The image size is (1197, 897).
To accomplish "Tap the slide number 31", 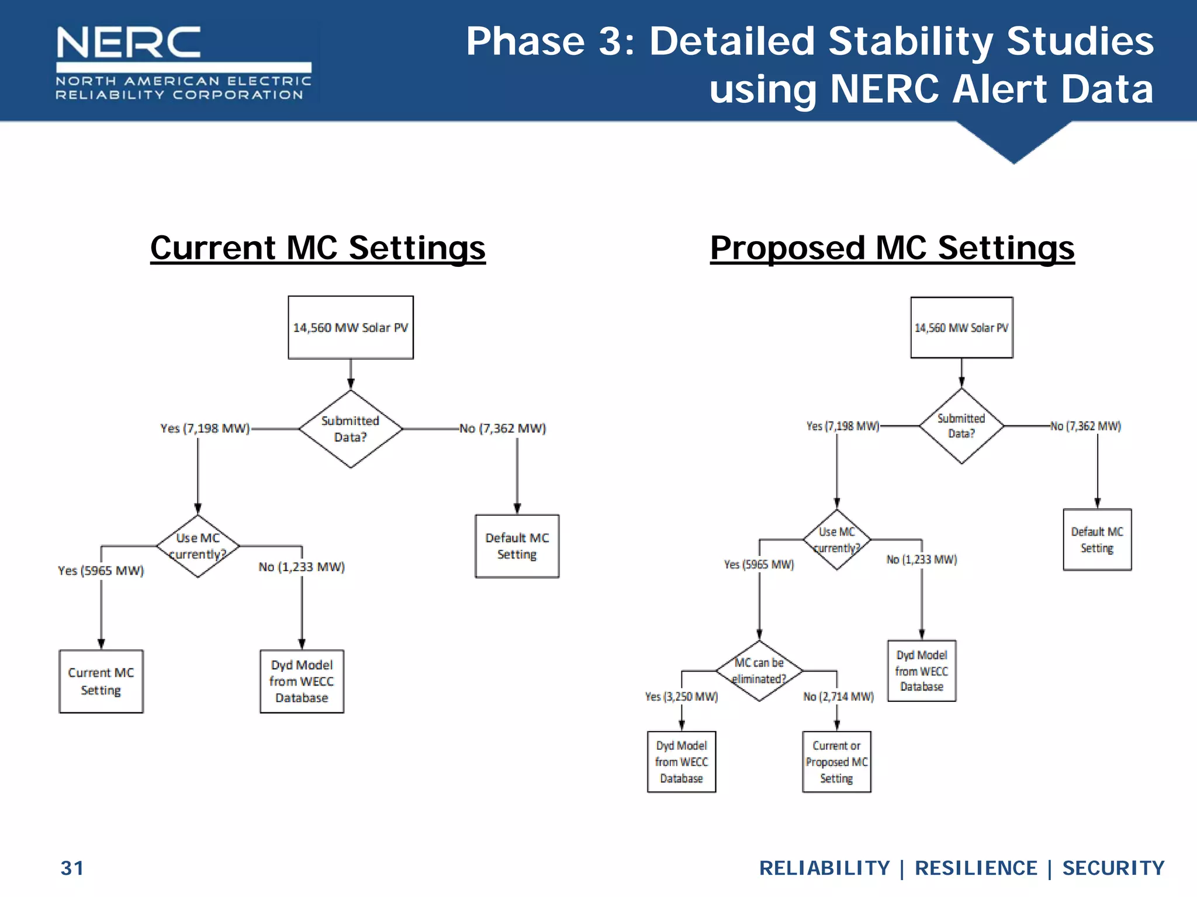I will coord(72,868).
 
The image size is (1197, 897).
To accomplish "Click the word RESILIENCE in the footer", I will coord(975,868).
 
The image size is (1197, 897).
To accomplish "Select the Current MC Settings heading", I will coord(317,248).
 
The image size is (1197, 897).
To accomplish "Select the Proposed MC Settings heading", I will coord(892,248).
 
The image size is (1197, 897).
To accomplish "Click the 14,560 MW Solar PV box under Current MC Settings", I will coord(351,328).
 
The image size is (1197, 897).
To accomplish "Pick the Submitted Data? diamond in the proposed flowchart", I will coord(961,426).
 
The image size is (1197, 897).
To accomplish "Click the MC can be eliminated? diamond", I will coord(759,671).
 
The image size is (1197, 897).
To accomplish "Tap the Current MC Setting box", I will coord(101,682).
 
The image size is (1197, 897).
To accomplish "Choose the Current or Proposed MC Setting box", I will coord(836,762).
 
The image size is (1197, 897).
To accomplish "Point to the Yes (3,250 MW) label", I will coord(681,697).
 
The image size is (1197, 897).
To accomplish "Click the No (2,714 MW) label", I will coord(838,697).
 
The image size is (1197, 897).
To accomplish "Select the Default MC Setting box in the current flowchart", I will coord(517,546).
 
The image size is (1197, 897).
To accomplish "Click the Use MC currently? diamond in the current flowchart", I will coord(198,546).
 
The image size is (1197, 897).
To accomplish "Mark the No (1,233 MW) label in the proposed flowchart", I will coord(922,559).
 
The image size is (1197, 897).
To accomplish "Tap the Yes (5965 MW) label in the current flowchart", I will coord(101,571).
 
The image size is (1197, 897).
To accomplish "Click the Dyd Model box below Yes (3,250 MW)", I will coord(681,762).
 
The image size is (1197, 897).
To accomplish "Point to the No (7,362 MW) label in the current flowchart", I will coord(503,429).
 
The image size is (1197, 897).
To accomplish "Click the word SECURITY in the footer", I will coord(1113,868).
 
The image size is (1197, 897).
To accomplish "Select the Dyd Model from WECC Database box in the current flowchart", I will coord(302,682).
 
